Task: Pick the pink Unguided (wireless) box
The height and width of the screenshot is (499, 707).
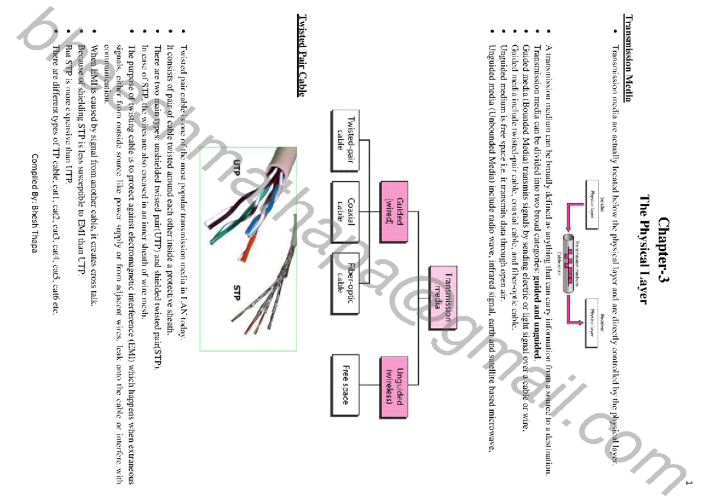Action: pos(394,385)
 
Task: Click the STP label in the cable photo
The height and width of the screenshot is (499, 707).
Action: pos(237,292)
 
